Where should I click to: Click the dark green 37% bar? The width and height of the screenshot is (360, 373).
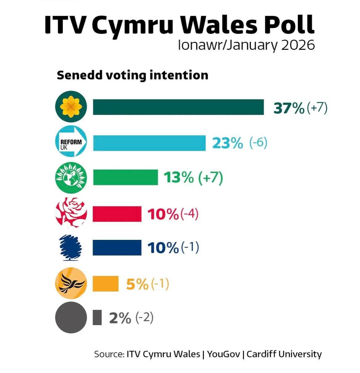tap(178, 107)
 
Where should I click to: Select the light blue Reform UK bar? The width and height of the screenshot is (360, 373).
tap(150, 143)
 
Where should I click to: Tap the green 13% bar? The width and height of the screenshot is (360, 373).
tap(126, 177)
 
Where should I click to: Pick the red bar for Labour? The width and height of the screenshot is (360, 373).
tap(117, 214)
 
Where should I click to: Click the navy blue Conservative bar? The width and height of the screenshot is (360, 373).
tap(117, 248)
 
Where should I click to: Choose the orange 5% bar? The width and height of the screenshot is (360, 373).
tap(106, 284)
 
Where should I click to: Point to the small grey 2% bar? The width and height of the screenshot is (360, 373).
tap(97, 318)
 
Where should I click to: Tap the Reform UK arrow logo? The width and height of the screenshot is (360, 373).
tap(71, 142)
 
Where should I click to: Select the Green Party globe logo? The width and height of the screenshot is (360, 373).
tap(71, 177)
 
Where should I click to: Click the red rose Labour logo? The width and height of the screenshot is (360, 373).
tap(71, 212)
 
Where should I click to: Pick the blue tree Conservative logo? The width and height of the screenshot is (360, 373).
tap(70, 247)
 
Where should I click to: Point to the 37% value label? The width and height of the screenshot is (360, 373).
tap(289, 108)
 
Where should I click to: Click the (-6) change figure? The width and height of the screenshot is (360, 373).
tap(258, 143)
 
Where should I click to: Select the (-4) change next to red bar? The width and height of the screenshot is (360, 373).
tap(189, 214)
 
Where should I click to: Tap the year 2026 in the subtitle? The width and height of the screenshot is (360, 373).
tap(298, 46)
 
